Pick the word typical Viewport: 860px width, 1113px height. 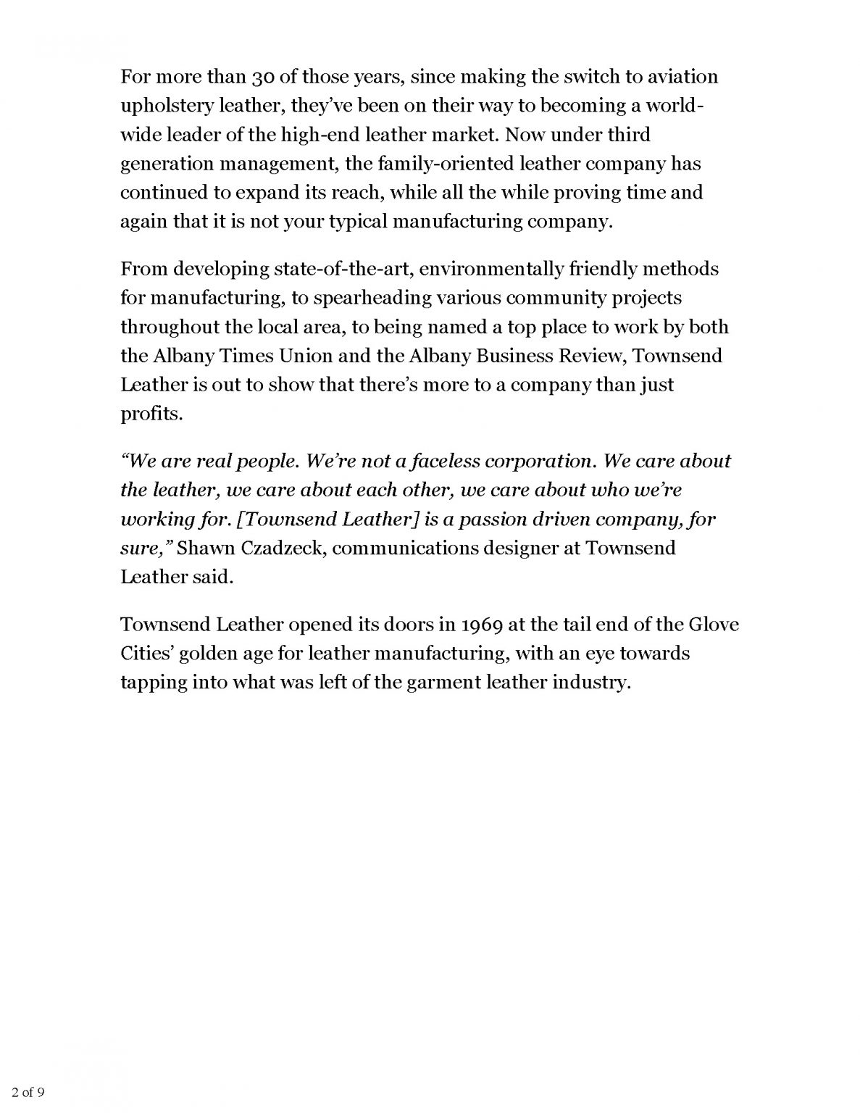(x=357, y=222)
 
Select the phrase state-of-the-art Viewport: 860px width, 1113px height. (x=342, y=270)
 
